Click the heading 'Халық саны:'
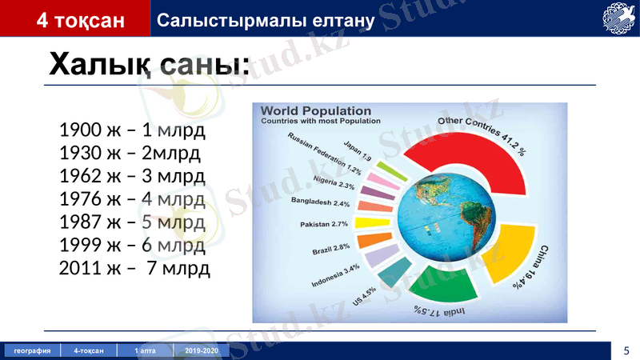(x=149, y=64)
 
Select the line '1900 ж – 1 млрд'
(x=132, y=130)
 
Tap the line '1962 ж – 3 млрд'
(x=132, y=175)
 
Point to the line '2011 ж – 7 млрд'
(x=134, y=267)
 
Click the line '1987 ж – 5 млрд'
(x=132, y=221)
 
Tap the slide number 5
(x=626, y=350)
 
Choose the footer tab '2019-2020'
(x=201, y=350)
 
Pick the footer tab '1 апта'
(x=145, y=350)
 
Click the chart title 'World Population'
(x=316, y=111)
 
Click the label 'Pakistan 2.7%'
(x=324, y=224)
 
